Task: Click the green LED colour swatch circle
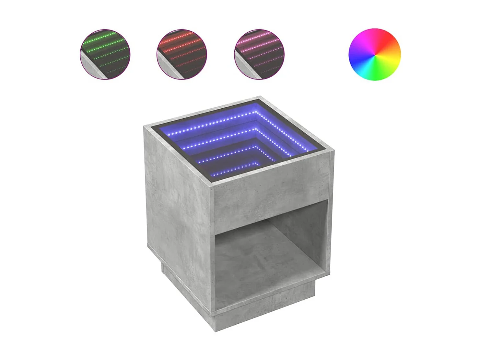105,54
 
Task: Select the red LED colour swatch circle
182,54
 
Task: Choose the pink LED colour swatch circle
259,54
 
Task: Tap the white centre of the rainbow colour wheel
375,54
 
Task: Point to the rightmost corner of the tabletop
333,151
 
